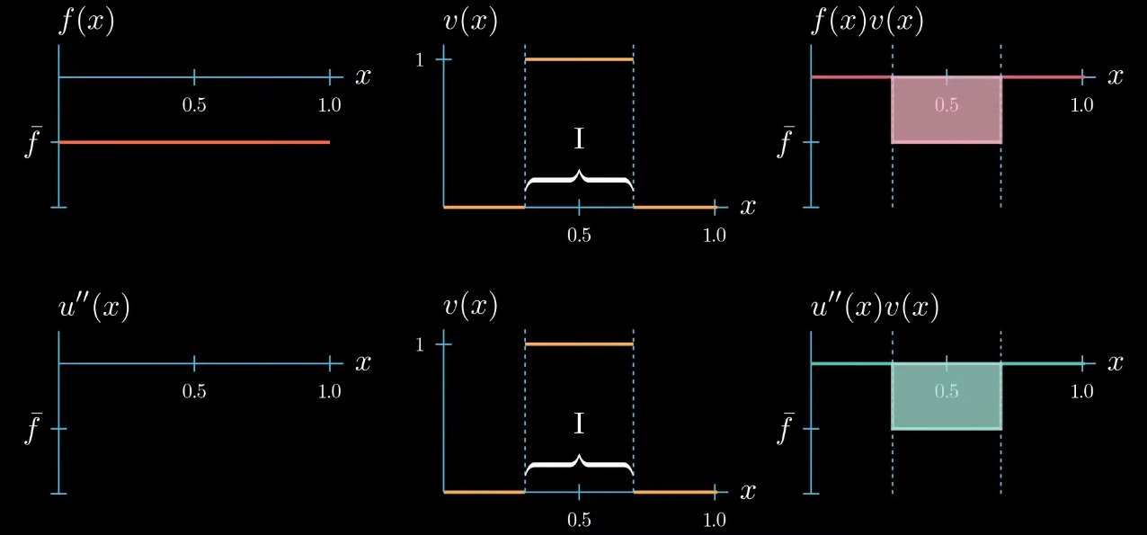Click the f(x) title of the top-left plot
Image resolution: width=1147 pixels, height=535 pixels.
(87, 22)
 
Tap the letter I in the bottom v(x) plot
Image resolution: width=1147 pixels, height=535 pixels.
(579, 424)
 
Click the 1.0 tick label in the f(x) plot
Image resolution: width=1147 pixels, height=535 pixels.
(330, 105)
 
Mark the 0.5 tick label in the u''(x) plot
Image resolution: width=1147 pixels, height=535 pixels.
(194, 391)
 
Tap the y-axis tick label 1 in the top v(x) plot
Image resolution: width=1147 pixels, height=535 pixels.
(418, 59)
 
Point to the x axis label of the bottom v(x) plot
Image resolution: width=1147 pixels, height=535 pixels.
(747, 492)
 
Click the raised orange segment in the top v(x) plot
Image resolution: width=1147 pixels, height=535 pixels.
(579, 59)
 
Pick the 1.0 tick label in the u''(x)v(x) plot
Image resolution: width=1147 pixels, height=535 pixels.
(1082, 391)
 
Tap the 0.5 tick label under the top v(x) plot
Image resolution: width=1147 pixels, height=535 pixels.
(579, 235)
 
